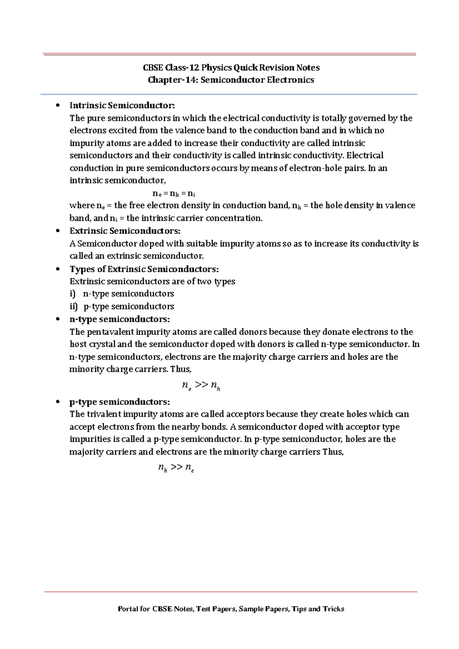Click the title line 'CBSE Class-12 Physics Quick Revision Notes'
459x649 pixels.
point(231,68)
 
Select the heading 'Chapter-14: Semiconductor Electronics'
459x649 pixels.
point(231,80)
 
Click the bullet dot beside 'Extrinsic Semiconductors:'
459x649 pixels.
point(58,230)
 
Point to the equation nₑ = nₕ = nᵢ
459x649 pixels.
point(174,193)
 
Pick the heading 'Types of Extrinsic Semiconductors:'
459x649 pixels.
point(144,269)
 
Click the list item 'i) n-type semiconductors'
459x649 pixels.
point(122,294)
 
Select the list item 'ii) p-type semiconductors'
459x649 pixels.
point(122,306)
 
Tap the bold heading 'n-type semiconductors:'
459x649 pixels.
point(119,319)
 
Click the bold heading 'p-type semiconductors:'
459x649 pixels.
point(119,402)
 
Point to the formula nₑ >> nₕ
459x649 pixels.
point(201,385)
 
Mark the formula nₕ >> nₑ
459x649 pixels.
point(176,467)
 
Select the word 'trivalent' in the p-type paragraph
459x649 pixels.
point(104,414)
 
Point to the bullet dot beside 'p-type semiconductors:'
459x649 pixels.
point(58,402)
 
